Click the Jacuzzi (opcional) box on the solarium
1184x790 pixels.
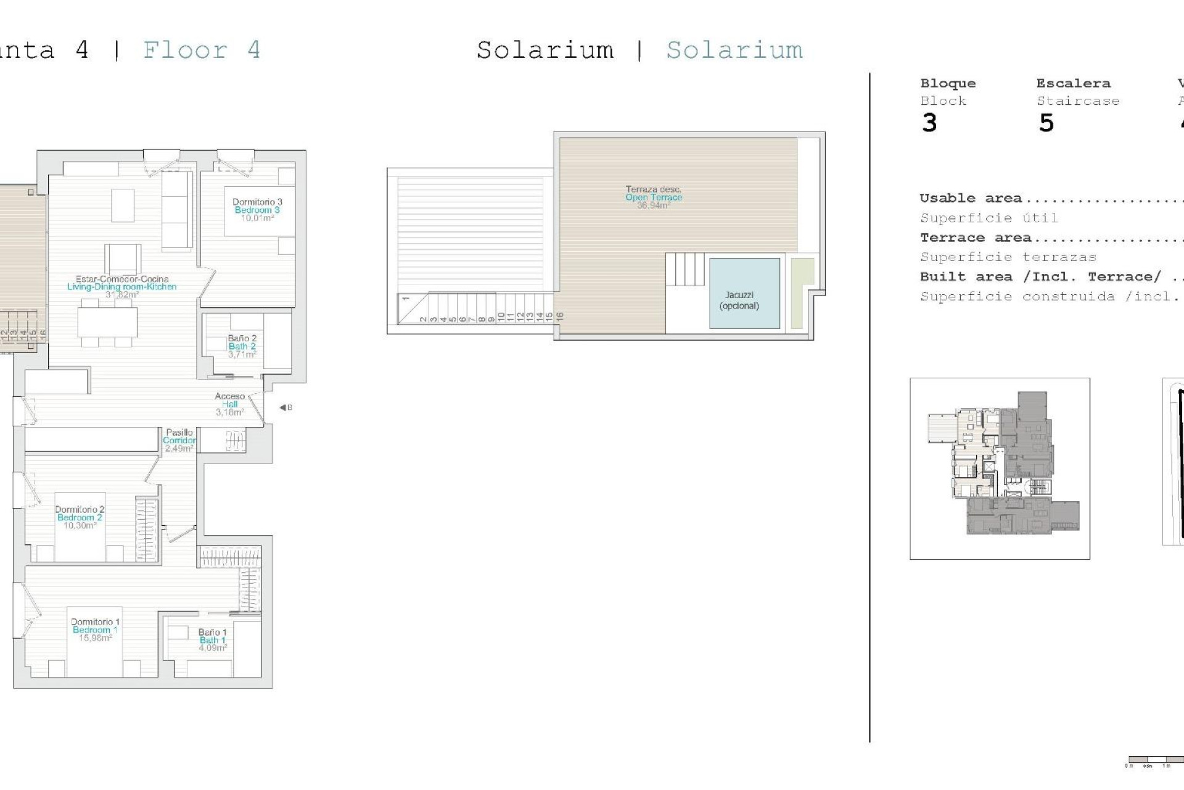pos(744,294)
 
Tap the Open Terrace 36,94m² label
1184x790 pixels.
pos(654,197)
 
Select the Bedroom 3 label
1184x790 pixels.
pos(257,210)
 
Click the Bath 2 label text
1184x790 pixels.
pos(242,346)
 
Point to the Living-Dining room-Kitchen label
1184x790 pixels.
pos(122,286)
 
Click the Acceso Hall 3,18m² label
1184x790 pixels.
pos(230,404)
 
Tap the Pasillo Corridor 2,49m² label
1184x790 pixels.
pos(179,441)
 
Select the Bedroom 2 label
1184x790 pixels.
pos(80,517)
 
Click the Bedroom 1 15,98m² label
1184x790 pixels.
pos(95,630)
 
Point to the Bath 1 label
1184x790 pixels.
pos(213,640)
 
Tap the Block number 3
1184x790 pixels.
pos(929,123)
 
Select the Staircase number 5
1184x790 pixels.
pos(1046,123)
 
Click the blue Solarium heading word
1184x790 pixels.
pos(734,50)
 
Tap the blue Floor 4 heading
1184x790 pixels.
pos(202,50)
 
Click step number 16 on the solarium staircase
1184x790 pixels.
pos(560,316)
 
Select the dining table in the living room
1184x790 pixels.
pos(107,322)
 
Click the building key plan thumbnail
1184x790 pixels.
pos(1000,468)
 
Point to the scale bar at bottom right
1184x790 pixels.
pos(1153,760)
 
